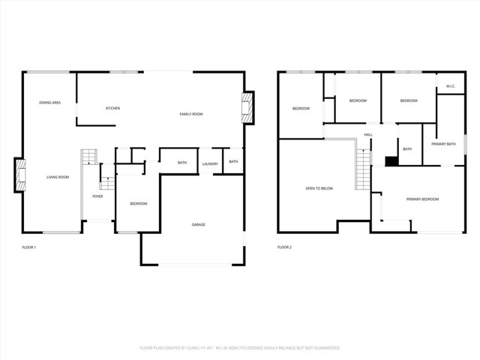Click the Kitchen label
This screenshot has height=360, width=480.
112,108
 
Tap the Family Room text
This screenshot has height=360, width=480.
191,114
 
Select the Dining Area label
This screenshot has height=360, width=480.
50,102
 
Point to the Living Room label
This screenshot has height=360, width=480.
58,177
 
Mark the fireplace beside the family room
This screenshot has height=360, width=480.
246,108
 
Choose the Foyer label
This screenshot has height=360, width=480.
97,196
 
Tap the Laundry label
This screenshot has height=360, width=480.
210,163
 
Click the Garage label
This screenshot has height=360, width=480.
199,224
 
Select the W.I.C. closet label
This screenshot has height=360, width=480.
451,86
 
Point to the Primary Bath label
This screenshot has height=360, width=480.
443,143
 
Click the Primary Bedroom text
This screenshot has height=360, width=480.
422,199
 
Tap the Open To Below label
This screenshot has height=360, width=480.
319,188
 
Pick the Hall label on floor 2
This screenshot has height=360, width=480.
368,134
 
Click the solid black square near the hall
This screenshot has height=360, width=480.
390,160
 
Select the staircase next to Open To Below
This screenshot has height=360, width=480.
364,169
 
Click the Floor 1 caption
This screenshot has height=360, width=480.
29,247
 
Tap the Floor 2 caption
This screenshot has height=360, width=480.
284,247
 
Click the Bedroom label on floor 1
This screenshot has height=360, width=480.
138,204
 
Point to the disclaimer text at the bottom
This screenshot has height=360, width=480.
240,348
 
